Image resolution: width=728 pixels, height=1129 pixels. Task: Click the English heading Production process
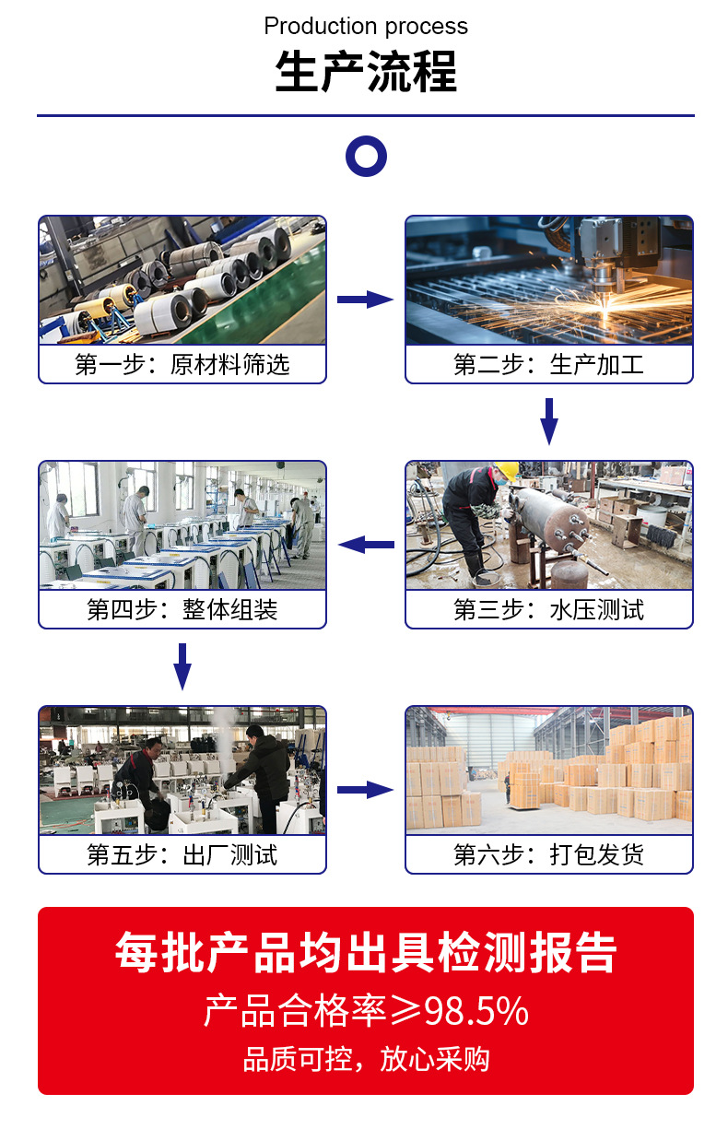(x=366, y=27)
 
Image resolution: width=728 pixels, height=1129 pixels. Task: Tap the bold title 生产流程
(x=366, y=72)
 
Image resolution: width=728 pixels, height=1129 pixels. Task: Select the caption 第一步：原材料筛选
(x=182, y=364)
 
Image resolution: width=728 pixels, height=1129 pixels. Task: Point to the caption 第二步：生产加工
(x=548, y=364)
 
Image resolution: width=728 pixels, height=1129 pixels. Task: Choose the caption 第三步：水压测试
(x=548, y=609)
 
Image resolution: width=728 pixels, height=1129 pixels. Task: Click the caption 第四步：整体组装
(x=182, y=609)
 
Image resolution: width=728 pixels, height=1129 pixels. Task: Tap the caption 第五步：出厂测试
(x=182, y=854)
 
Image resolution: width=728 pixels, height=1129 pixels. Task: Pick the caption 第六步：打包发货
(x=548, y=854)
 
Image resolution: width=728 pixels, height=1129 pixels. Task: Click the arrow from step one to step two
(x=365, y=300)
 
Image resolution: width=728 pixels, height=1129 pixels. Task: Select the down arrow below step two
(x=549, y=421)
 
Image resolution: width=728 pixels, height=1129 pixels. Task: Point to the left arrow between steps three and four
(x=366, y=545)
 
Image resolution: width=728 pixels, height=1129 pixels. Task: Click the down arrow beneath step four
(x=182, y=666)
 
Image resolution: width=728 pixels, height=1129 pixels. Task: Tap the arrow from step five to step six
(x=365, y=790)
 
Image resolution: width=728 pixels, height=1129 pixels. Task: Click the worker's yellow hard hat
(x=507, y=471)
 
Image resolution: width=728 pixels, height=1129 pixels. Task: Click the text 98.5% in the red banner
(x=476, y=1011)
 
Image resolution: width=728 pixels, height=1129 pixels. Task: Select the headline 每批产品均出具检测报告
(x=366, y=952)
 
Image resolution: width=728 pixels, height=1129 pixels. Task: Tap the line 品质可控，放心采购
(x=366, y=1059)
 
